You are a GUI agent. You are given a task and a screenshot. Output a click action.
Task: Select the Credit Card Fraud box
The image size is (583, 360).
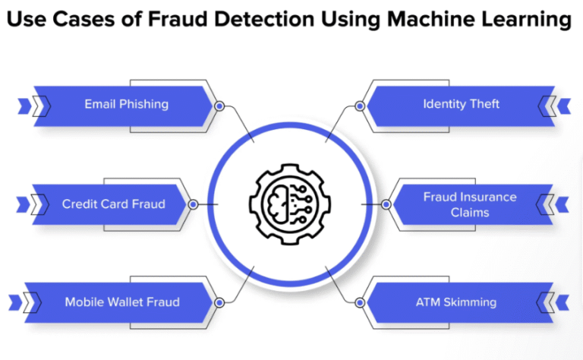coord(113,204)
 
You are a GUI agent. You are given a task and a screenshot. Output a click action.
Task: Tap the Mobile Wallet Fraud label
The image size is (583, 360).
coord(122,302)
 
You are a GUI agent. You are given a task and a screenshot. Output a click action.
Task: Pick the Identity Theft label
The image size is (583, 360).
coord(461,104)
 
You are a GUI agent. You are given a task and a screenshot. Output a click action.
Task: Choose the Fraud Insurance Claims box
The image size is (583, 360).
coord(469,204)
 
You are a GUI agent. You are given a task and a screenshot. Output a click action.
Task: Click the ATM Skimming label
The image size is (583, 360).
coord(455,302)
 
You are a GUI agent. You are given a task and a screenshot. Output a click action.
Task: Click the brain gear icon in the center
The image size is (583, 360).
coord(291,201)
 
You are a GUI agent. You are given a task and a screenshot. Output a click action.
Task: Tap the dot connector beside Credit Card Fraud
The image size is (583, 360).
coord(193,204)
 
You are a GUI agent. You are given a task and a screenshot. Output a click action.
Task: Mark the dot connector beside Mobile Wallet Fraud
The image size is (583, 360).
coord(219,303)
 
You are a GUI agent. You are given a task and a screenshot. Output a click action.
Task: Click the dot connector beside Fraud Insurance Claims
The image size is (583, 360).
coord(386,204)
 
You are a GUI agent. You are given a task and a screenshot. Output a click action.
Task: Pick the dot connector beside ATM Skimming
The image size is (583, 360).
coord(361,303)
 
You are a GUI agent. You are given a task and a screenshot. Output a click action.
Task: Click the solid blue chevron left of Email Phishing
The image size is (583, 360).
coord(23,105)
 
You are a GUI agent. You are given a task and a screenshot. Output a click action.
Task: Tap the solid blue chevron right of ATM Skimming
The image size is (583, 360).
coord(563,302)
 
